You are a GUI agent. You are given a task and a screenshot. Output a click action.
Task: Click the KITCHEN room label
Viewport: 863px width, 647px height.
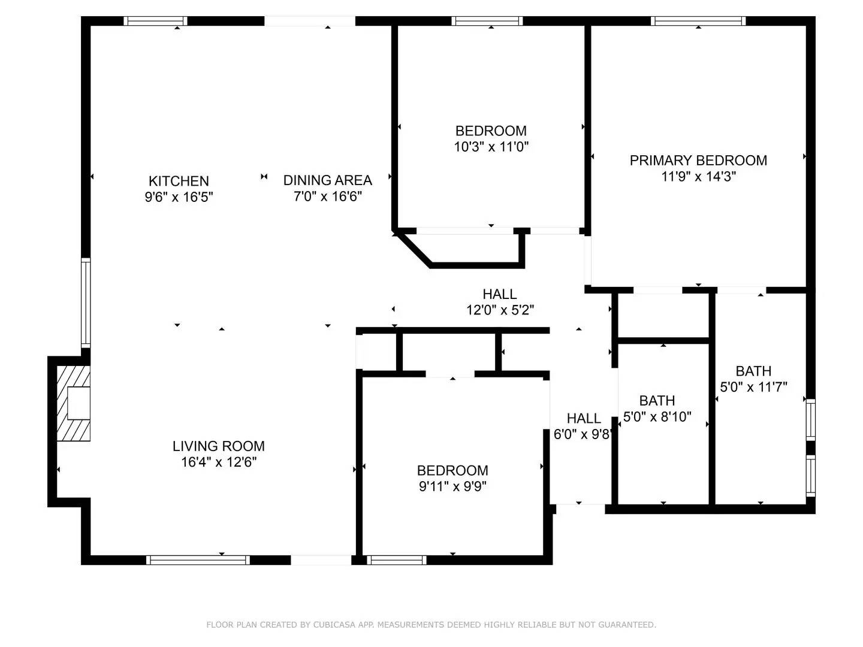(179, 181)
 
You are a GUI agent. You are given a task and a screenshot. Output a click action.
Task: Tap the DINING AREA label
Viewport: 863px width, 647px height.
(327, 180)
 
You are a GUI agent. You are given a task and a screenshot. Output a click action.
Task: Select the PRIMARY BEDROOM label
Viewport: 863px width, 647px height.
(698, 161)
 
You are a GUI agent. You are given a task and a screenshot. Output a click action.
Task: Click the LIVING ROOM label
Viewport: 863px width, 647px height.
(218, 446)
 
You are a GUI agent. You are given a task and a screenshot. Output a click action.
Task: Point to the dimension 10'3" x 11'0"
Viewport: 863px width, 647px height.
(491, 147)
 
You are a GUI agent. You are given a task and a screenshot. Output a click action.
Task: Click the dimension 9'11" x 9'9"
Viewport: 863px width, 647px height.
(452, 486)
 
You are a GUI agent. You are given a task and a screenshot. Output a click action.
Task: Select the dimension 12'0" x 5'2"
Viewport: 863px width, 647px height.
(500, 310)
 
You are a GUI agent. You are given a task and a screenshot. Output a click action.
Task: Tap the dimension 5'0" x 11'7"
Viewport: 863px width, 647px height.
(753, 388)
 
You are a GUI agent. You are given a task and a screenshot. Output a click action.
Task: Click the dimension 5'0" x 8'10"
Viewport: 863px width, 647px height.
(657, 417)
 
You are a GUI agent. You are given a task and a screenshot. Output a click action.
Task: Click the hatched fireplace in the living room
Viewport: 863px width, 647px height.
(74, 403)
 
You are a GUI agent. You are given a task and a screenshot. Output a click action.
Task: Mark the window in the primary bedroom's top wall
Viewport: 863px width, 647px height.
(698, 21)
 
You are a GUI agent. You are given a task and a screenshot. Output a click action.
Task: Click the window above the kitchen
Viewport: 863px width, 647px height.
(156, 21)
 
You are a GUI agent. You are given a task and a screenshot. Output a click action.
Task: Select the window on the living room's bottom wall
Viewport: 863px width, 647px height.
(198, 560)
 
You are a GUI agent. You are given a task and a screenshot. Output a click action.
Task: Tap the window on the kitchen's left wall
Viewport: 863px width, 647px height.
(86, 303)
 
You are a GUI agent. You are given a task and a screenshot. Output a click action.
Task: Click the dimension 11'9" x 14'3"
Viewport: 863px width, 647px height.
(698, 177)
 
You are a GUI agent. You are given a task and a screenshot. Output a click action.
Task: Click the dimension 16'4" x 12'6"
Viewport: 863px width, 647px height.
(218, 462)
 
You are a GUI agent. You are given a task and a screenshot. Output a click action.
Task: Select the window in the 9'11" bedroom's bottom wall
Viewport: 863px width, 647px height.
(397, 560)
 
